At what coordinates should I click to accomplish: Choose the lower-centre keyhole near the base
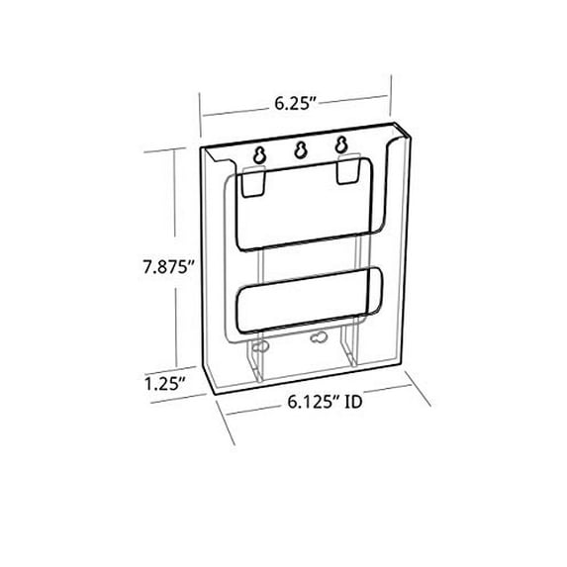coord(319,338)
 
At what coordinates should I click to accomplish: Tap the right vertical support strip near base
coord(345,356)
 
